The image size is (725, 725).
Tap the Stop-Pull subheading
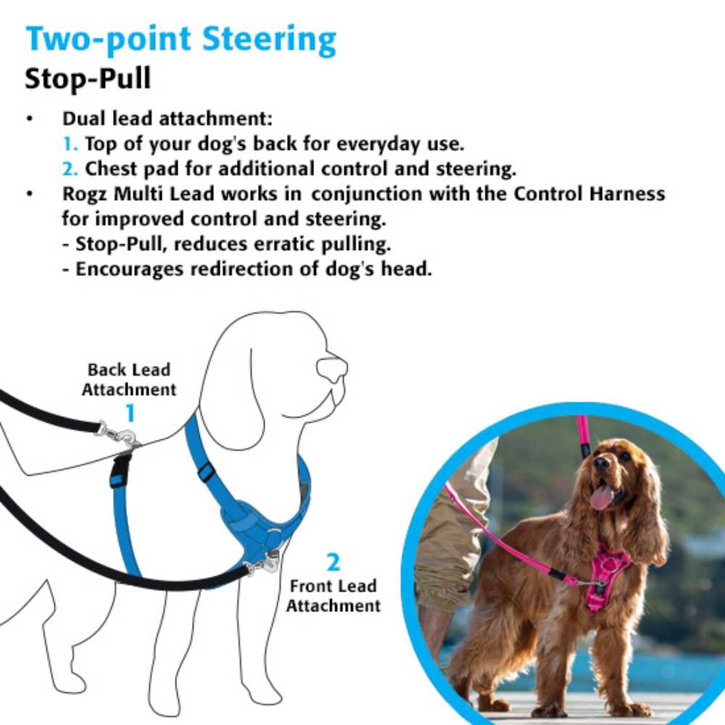88,78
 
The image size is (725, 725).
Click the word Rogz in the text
88,194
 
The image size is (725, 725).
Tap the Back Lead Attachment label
129,379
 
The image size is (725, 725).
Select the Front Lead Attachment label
333,594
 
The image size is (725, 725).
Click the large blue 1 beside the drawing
130,413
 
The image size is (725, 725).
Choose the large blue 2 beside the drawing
333,563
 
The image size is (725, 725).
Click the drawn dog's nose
333,368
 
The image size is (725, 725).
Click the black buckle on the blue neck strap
207,472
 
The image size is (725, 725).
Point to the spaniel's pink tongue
601,497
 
